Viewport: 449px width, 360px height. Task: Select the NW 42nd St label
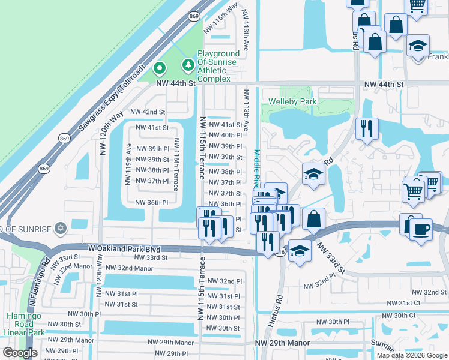(x=147, y=112)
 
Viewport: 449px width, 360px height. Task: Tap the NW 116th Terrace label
(x=176, y=165)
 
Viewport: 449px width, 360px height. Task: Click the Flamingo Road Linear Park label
(x=25, y=323)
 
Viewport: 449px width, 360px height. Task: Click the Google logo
(x=20, y=353)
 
